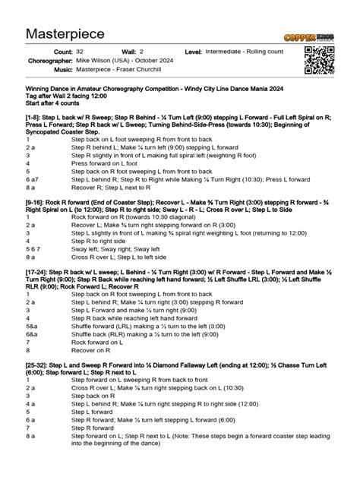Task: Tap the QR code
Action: [319, 60]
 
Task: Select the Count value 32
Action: [80, 51]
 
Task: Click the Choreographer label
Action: [49, 60]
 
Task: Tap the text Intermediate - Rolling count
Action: [248, 51]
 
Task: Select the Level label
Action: [193, 51]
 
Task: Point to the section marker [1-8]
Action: [35, 118]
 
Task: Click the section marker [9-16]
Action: [37, 205]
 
